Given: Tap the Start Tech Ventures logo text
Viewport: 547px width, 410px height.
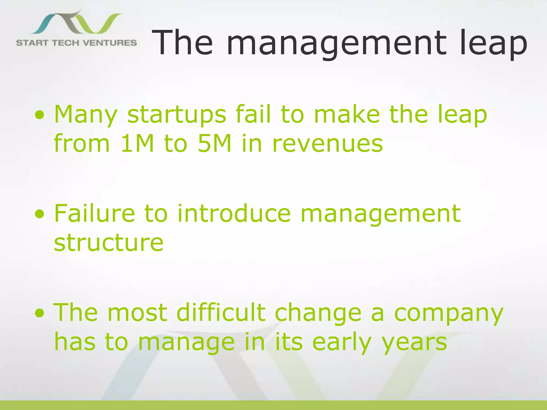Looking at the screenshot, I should (76, 43).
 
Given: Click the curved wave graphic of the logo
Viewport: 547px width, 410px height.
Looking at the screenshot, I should (77, 23).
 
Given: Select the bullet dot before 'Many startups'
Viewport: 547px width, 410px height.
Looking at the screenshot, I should (39, 115).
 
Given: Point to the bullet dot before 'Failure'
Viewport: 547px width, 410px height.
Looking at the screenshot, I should (39, 214).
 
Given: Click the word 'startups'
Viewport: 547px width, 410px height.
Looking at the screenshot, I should (177, 115).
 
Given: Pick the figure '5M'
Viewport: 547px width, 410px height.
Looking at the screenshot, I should (214, 143).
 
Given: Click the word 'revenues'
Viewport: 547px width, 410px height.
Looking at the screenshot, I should (327, 143).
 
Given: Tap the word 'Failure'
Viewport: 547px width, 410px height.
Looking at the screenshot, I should (95, 213).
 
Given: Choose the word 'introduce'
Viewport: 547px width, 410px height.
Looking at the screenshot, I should (234, 213).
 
